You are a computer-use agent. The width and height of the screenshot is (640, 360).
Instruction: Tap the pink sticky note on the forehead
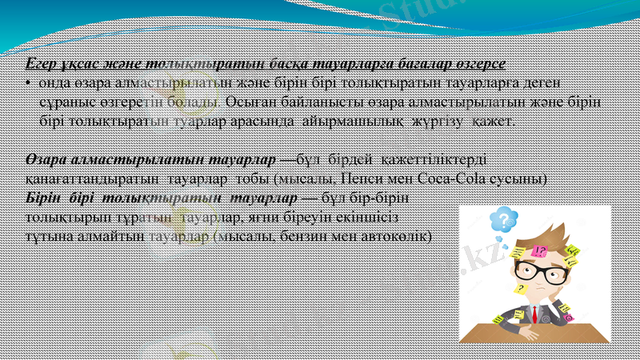540,251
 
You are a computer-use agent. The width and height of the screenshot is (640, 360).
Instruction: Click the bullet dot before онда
28,82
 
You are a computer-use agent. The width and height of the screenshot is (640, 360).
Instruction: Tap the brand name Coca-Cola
429,178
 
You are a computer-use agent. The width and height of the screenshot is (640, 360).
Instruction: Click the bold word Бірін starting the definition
42,198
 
